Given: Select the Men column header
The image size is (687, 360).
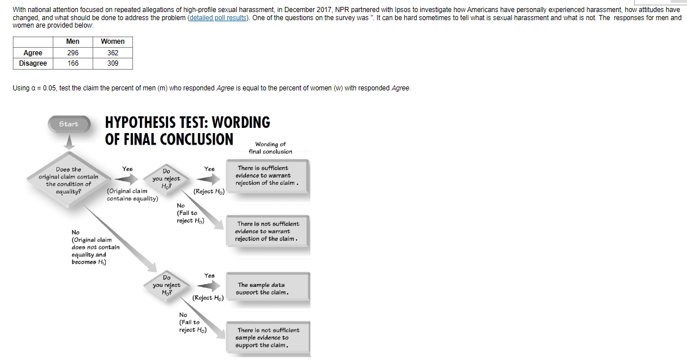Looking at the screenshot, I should [73, 41].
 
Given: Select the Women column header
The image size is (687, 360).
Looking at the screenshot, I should [112, 41].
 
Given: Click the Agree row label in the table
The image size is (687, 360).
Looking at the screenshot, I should [33, 53].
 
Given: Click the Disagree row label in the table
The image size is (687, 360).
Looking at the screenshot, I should [33, 63].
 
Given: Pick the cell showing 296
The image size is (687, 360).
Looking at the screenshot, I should [73, 53].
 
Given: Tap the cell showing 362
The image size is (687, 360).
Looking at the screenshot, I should [112, 53].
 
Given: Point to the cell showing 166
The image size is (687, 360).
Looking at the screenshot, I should [73, 63].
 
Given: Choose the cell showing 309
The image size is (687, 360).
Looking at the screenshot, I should [112, 63].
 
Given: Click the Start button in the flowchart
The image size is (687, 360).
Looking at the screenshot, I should [69, 124].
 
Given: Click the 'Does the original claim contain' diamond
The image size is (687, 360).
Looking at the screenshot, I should [69, 180].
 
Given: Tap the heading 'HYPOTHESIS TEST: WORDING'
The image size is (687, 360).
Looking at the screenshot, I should [188, 123].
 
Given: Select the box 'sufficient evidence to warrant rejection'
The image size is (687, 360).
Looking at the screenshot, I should [267, 176].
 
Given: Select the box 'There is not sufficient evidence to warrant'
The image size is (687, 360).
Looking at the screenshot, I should [267, 231].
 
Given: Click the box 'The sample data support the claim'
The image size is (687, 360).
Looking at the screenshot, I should [267, 289].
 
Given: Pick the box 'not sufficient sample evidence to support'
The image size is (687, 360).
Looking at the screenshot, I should [267, 338].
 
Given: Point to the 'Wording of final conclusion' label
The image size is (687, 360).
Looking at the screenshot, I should [270, 148].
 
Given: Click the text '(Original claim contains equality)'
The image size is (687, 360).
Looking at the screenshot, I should [132, 195].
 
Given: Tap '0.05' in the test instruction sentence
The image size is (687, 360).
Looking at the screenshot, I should [50, 88].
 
